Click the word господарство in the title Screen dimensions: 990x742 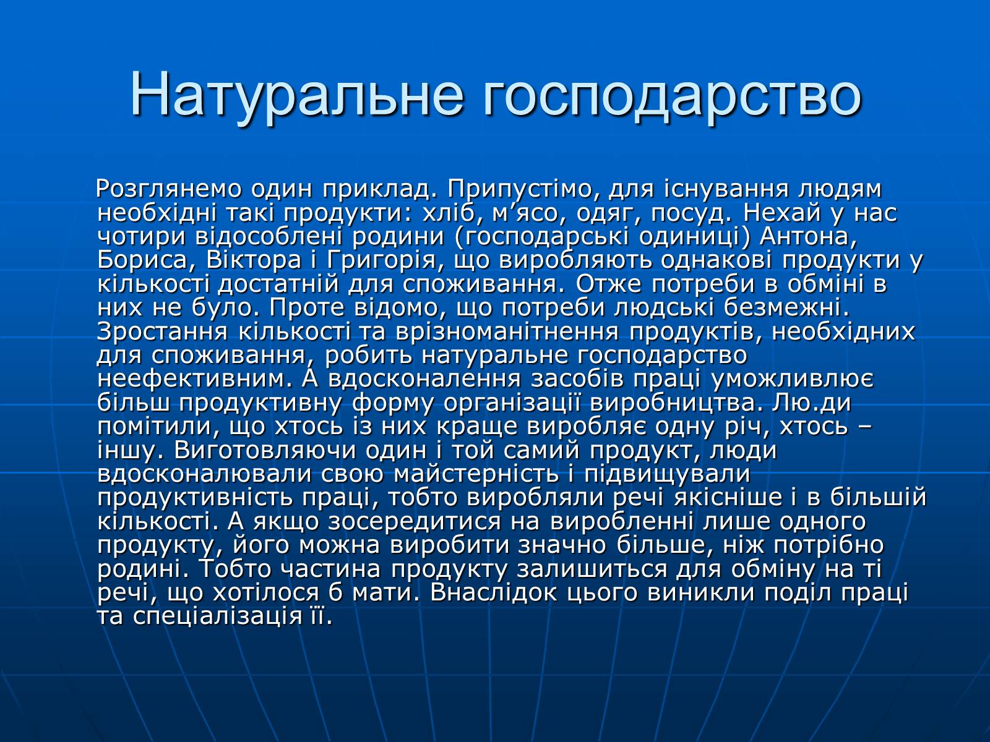pos(672,96)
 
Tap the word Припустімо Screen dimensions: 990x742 pos(525,189)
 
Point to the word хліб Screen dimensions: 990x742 pos(449,213)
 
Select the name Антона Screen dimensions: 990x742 pos(808,237)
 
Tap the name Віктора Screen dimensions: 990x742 pos(254,260)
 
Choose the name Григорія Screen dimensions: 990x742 pos(382,260)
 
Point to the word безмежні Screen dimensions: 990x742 pos(786,308)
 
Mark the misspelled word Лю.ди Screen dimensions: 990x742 pos(811,403)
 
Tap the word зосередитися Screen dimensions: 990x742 pos(414,521)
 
